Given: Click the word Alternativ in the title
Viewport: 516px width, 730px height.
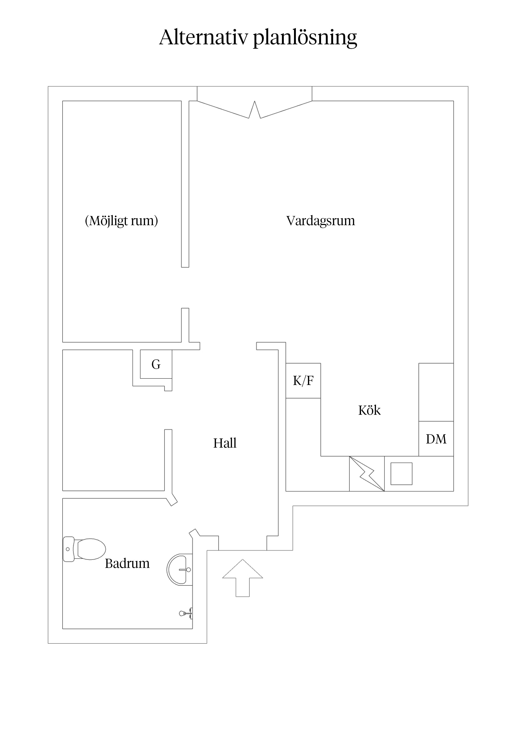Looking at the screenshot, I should tap(203, 37).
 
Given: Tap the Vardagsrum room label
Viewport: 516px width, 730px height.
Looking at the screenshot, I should tap(320, 221).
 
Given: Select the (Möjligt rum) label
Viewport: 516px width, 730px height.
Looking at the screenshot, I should tap(122, 221).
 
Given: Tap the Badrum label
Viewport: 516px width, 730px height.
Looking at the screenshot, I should tap(127, 563).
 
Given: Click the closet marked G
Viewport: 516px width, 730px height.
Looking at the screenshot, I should tap(156, 364).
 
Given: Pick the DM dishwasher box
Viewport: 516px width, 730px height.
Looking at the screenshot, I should tap(436, 439).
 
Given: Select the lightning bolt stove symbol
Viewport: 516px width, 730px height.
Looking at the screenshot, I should tap(367, 474).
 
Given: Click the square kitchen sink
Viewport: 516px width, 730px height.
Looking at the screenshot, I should tap(401, 474).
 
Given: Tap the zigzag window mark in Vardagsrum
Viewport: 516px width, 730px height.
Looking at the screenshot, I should tap(254, 110).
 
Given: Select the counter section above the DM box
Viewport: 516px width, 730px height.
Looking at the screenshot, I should tap(436, 392).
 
